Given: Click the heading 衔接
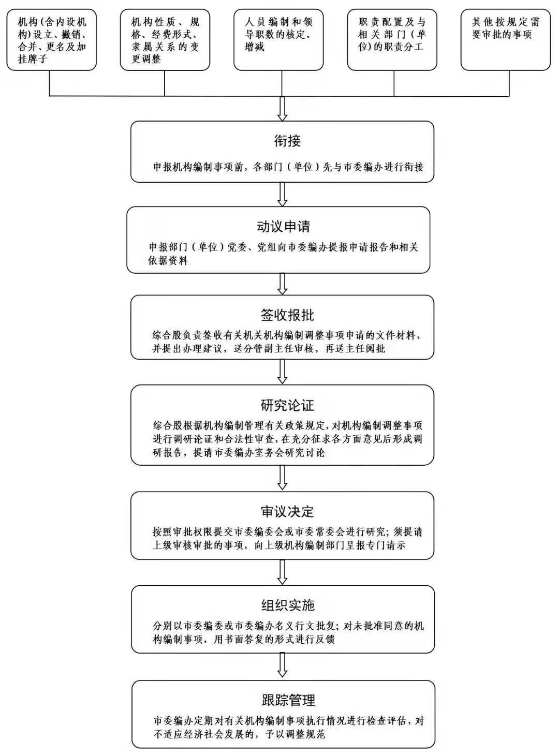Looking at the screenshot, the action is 287,141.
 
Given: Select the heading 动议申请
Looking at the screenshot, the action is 283,227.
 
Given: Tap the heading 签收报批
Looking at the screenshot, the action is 287,315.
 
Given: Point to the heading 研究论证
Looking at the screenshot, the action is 287,405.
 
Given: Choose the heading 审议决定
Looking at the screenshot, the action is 287,512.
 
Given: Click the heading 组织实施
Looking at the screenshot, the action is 288,605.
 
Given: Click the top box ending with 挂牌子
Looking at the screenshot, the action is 52,40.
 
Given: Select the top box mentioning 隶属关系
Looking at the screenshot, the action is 165,40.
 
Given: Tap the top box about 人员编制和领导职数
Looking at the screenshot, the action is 278,40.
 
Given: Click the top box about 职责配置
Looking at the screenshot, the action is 392,40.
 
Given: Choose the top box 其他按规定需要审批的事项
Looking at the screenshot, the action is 506,40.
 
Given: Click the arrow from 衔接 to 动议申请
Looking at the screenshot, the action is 282,195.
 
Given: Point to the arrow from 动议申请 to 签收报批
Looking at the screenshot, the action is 282,284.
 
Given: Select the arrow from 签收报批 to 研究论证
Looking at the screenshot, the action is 282,372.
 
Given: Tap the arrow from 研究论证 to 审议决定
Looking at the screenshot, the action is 282,478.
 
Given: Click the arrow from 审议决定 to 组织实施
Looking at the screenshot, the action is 282,572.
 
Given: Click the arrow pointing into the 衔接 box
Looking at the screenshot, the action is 282,109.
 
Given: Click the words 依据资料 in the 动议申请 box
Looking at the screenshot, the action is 168,261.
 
